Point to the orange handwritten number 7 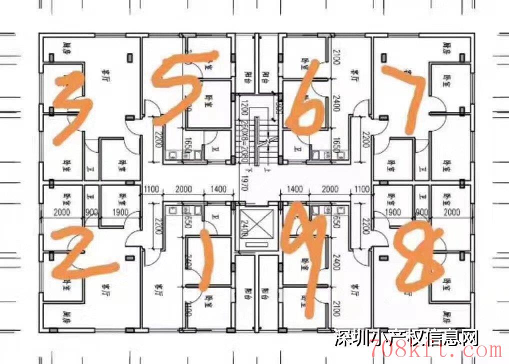pyautogui.click(x=407, y=95)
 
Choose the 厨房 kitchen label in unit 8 pyautogui.click(x=446, y=316)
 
